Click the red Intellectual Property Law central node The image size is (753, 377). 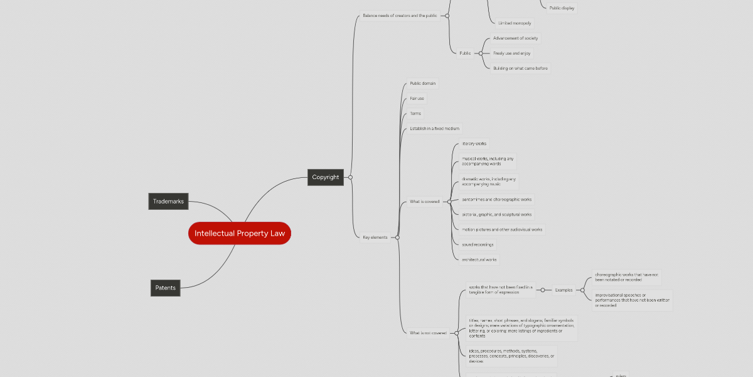(239, 233)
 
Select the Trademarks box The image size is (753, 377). (168, 202)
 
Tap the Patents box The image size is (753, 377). (166, 288)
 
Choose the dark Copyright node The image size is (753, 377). (326, 177)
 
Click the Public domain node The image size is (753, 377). (422, 84)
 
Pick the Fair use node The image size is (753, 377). (417, 99)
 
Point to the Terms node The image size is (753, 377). (415, 114)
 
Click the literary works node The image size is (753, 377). (474, 144)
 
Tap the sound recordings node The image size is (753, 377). (478, 244)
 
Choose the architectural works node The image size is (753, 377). (479, 260)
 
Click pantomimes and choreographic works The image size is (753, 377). (496, 199)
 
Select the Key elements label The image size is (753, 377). (375, 238)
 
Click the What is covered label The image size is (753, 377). (424, 202)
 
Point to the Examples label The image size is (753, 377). (563, 290)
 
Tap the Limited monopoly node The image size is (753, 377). (514, 23)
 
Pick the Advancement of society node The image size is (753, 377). (516, 38)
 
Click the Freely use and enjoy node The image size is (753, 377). (511, 53)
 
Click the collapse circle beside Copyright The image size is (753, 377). (350, 177)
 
